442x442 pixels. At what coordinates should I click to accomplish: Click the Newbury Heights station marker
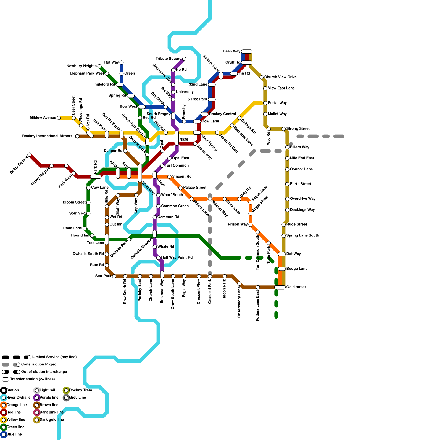[99, 66]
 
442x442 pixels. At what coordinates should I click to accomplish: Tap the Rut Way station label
[111, 62]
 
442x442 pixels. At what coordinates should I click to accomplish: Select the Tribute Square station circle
[184, 59]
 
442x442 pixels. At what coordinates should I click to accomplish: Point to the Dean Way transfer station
[247, 52]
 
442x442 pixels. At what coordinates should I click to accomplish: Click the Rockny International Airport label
[47, 136]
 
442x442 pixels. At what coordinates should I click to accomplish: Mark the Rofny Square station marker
[30, 155]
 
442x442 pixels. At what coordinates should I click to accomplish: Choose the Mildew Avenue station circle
[59, 118]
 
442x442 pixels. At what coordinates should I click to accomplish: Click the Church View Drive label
[280, 77]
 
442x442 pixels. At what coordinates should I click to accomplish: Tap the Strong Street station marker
[284, 129]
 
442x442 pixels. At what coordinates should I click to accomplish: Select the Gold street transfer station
[280, 287]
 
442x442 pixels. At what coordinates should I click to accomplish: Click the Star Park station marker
[114, 276]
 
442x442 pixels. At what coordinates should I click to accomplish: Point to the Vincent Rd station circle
[169, 177]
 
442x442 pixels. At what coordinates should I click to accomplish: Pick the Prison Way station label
[238, 225]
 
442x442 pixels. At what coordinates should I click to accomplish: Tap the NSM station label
[183, 140]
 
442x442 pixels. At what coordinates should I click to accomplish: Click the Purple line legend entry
[49, 398]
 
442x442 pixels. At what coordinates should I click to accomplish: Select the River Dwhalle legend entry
[18, 398]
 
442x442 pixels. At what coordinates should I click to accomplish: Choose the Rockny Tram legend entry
[80, 390]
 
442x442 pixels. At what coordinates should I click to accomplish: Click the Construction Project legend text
[40, 365]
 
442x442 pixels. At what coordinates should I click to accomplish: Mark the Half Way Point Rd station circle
[158, 258]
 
